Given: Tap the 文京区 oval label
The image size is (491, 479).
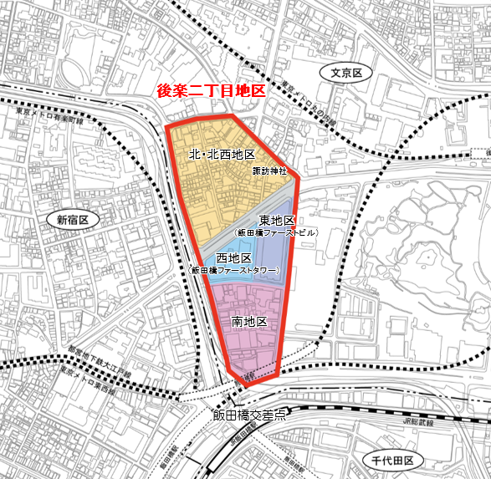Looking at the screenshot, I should point(345,74).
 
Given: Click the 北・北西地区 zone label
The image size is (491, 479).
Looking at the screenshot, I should point(222,155).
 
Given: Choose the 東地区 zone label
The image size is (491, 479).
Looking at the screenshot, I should point(277,220).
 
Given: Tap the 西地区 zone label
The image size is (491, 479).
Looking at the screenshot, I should point(234,259).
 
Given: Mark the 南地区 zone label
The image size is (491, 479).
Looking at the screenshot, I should point(248,321).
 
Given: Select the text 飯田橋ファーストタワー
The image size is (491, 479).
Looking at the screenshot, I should point(235,271).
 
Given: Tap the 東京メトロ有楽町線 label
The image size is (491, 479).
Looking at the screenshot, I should point(49,116).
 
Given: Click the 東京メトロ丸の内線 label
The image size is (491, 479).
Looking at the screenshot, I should point(306,103).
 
